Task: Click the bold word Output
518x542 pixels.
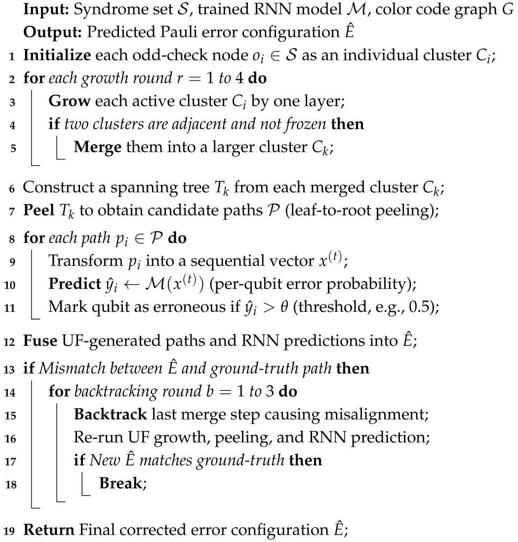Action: click(45, 32)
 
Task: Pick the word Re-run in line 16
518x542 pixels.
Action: click(92, 438)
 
